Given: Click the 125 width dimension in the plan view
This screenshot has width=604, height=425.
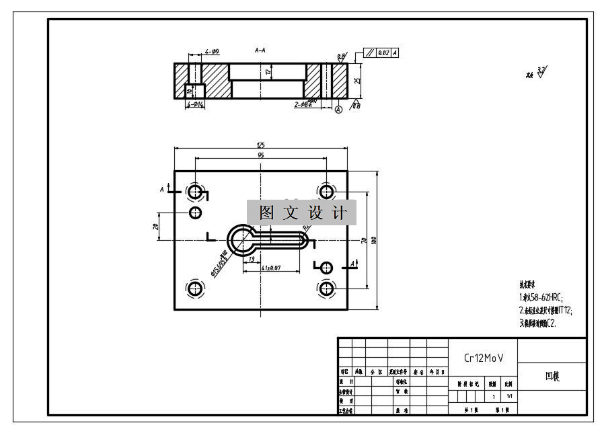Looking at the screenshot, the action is point(260,144).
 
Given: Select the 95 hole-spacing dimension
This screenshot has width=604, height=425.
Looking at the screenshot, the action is point(260,155).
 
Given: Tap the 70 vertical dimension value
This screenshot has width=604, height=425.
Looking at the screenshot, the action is point(363,239).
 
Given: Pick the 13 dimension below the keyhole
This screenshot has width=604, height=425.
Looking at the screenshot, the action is point(251,258).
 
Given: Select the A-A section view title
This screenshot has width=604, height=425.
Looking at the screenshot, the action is point(260,50).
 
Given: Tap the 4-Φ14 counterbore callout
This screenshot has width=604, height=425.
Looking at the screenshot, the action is point(196,104).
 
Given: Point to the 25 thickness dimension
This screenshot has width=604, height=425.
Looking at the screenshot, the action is point(357,81).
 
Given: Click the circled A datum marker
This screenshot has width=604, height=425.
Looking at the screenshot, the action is point(338,108).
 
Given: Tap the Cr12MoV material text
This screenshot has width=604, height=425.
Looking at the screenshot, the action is point(484,358).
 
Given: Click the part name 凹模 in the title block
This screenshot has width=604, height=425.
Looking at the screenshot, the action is point(552,377).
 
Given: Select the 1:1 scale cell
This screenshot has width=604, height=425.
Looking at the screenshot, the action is point(509,396).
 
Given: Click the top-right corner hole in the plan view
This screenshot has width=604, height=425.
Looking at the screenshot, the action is point(326,192).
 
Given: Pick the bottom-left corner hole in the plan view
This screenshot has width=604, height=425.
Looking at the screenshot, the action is point(195,289).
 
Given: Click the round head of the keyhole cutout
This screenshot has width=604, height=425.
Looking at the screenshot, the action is point(240,240).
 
